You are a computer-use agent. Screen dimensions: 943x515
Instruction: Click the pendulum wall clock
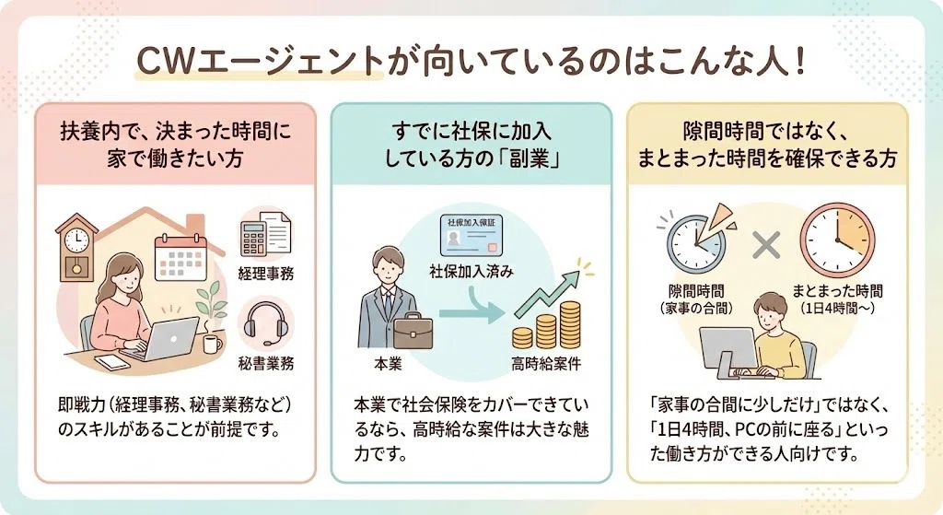(76, 247)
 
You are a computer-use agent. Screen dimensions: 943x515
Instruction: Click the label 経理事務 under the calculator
(266, 275)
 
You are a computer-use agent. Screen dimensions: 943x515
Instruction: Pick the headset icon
(266, 324)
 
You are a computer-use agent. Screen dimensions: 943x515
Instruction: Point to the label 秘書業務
(266, 364)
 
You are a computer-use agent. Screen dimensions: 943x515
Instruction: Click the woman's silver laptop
(165, 339)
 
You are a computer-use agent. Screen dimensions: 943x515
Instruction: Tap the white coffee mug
(212, 345)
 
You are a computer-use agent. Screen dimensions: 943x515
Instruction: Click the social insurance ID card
(471, 235)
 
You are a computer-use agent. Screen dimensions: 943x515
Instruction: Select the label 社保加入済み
(471, 272)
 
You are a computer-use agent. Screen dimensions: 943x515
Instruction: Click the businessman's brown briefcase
(413, 331)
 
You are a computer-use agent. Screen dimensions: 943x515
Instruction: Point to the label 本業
(388, 364)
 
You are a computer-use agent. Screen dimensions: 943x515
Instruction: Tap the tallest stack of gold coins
(570, 325)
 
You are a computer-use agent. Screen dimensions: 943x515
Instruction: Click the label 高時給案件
(547, 364)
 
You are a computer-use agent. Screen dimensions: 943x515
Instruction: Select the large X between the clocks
(766, 245)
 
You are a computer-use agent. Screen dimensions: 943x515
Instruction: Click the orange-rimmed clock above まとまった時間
(836, 240)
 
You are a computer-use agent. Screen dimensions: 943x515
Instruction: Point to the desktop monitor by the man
(728, 352)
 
